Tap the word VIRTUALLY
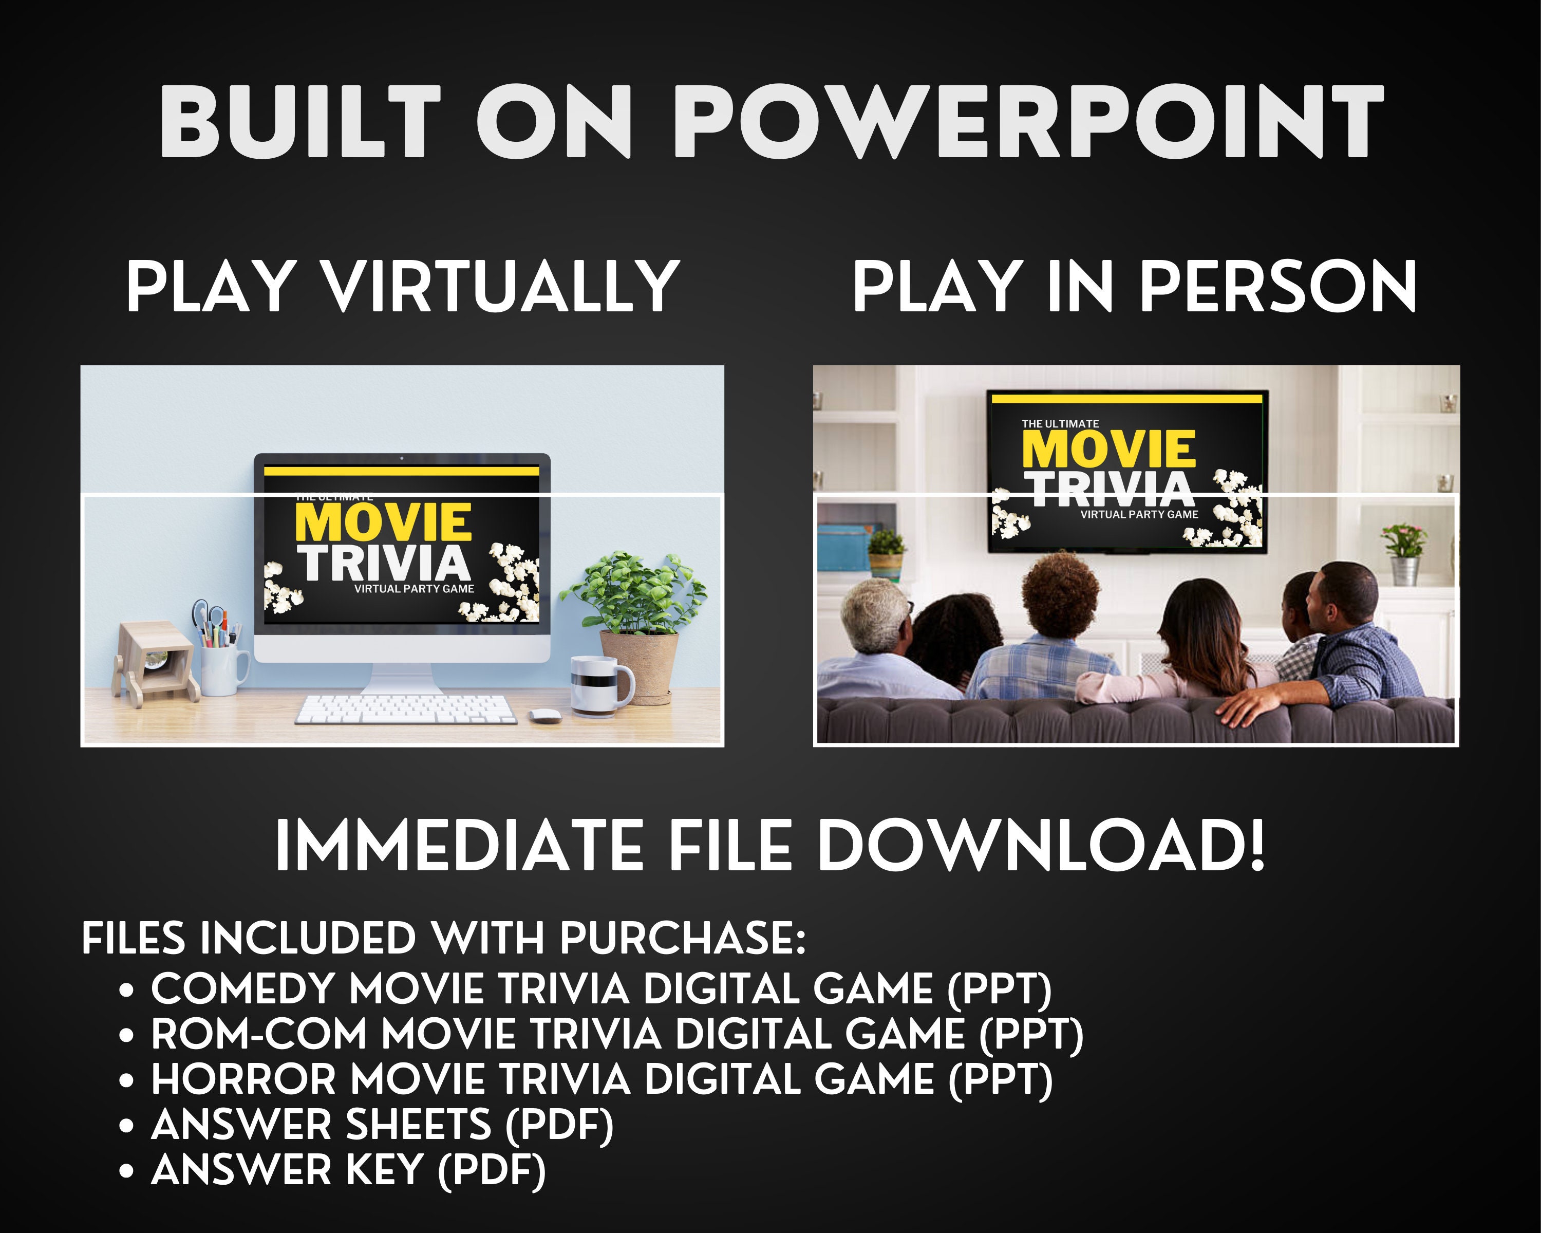click(x=501, y=286)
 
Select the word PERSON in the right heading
click(x=1276, y=286)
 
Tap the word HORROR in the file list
click(x=243, y=1079)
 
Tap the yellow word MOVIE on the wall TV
click(x=1108, y=449)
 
